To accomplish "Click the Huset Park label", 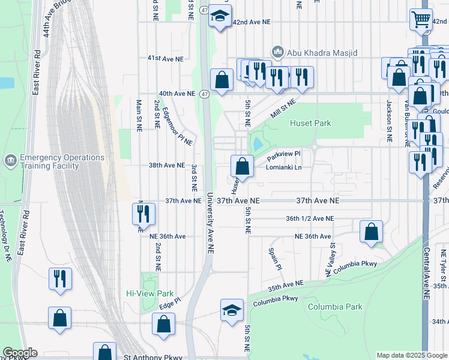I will click(310, 123).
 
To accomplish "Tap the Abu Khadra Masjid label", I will click(322, 53).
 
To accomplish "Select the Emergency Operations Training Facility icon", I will click(10, 160).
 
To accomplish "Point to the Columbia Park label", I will click(335, 307).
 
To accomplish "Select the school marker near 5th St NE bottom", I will click(232, 310).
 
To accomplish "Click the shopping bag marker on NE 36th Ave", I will click(372, 231).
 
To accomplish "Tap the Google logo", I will click(20, 353).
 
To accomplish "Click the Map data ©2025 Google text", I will click(412, 355).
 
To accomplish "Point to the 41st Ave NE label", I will click(165, 58).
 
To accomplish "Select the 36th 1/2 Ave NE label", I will click(310, 218).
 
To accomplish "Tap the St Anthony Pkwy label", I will click(152, 357).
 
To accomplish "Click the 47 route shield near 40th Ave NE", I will click(205, 94).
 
